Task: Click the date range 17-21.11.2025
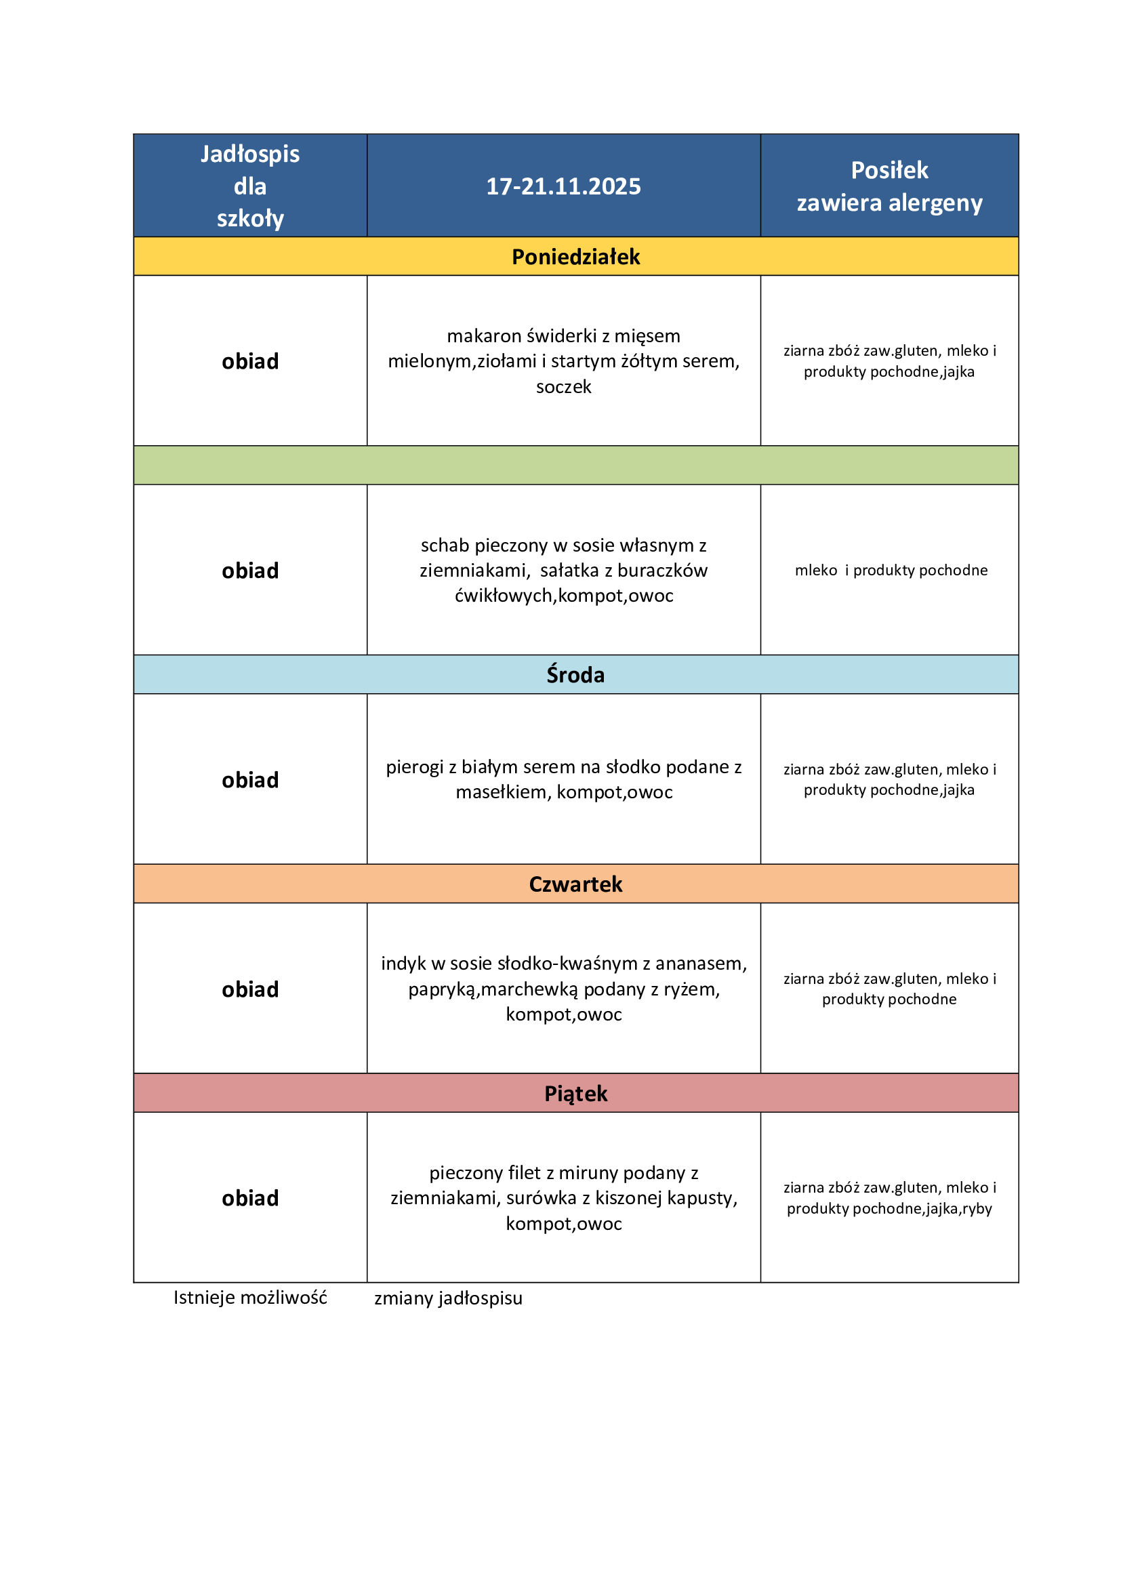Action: coord(563,186)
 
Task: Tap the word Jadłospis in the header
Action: coord(250,154)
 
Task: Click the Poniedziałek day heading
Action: coord(575,257)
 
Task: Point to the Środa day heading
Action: coord(575,674)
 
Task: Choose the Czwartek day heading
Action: coord(575,884)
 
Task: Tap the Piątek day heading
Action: coord(575,1094)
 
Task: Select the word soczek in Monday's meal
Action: coord(563,386)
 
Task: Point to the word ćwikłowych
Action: coord(503,596)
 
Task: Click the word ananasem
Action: coord(701,964)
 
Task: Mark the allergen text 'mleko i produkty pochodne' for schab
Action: coord(891,570)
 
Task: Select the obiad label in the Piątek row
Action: coord(250,1199)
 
